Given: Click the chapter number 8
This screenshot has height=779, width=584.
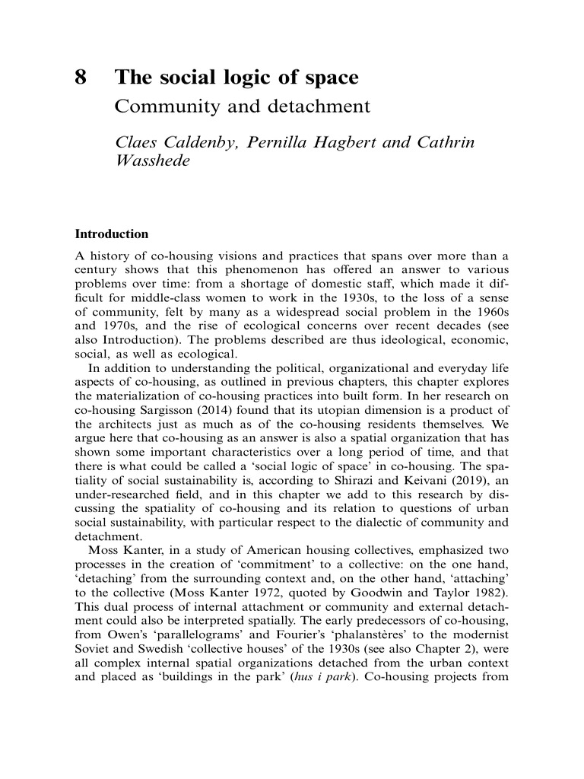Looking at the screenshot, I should (x=81, y=78).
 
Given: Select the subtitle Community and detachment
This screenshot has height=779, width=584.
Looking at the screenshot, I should (x=242, y=106).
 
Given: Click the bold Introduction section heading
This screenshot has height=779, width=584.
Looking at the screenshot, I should (x=111, y=234).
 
